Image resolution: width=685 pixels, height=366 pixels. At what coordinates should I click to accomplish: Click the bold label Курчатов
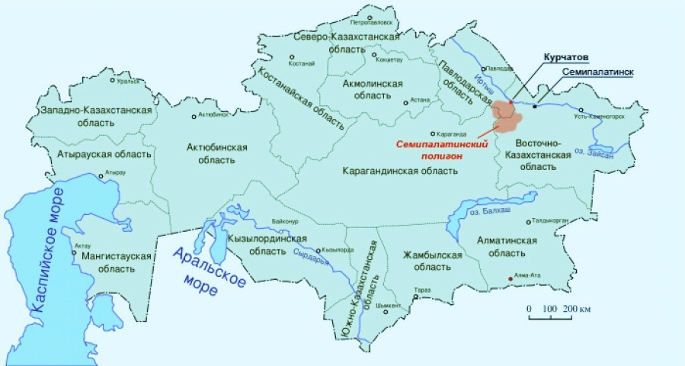[x=565, y=57]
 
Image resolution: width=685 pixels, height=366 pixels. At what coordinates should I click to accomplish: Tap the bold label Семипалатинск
[x=597, y=72]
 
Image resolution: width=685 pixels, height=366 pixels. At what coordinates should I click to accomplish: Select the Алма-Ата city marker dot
[x=511, y=278]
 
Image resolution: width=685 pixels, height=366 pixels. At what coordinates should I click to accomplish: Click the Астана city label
[x=421, y=100]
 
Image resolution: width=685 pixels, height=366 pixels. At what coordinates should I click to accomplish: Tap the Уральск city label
[x=127, y=79]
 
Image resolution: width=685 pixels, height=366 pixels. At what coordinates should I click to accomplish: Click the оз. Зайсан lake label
[x=619, y=153]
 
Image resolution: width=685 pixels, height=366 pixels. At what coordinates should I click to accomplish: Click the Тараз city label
[x=421, y=290]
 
